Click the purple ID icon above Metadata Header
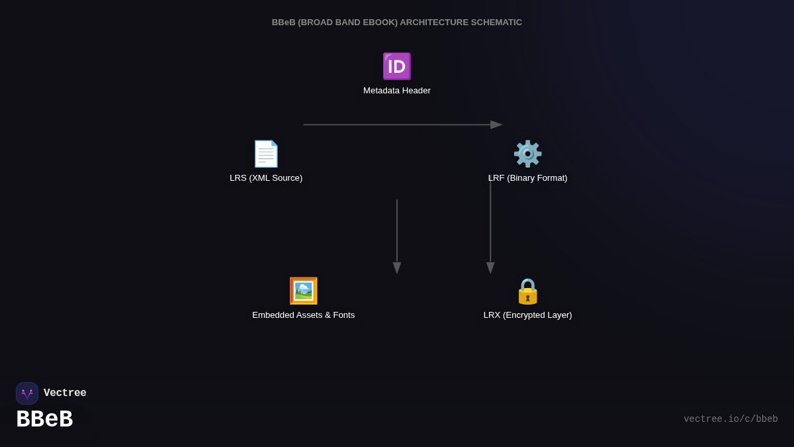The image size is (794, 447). [397, 66]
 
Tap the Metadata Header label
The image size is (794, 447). [397, 91]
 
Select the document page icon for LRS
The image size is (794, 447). [266, 154]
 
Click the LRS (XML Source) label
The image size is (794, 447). [266, 178]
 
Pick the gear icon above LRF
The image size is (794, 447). [527, 154]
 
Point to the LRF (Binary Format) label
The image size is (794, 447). [527, 178]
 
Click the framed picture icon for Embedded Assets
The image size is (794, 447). [304, 291]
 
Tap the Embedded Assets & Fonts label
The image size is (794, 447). [304, 315]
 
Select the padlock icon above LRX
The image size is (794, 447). [527, 291]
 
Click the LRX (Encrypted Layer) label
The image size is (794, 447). [527, 315]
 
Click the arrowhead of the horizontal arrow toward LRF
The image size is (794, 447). [496, 124]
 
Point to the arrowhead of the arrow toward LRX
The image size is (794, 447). [490, 268]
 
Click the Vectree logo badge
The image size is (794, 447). [27, 393]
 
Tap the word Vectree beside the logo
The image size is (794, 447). [65, 393]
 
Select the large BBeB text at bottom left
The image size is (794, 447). [44, 419]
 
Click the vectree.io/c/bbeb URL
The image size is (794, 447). [730, 419]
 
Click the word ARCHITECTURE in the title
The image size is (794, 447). [434, 23]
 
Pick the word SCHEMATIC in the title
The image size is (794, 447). [496, 23]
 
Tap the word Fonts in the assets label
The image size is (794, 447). [342, 315]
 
